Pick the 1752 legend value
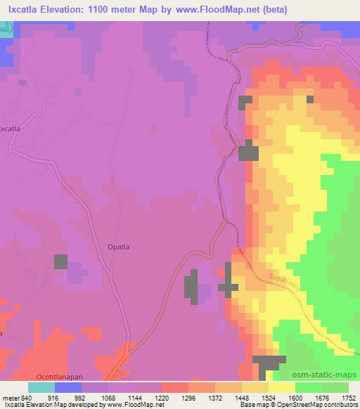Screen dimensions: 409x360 tap(347, 397)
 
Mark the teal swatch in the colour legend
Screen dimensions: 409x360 tap(41, 387)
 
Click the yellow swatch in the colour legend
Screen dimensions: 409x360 tap(281, 387)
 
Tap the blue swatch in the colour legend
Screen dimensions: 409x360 tap(68, 387)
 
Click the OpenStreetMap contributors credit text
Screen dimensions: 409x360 tap(319, 405)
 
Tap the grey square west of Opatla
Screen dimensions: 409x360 tap(61, 261)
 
